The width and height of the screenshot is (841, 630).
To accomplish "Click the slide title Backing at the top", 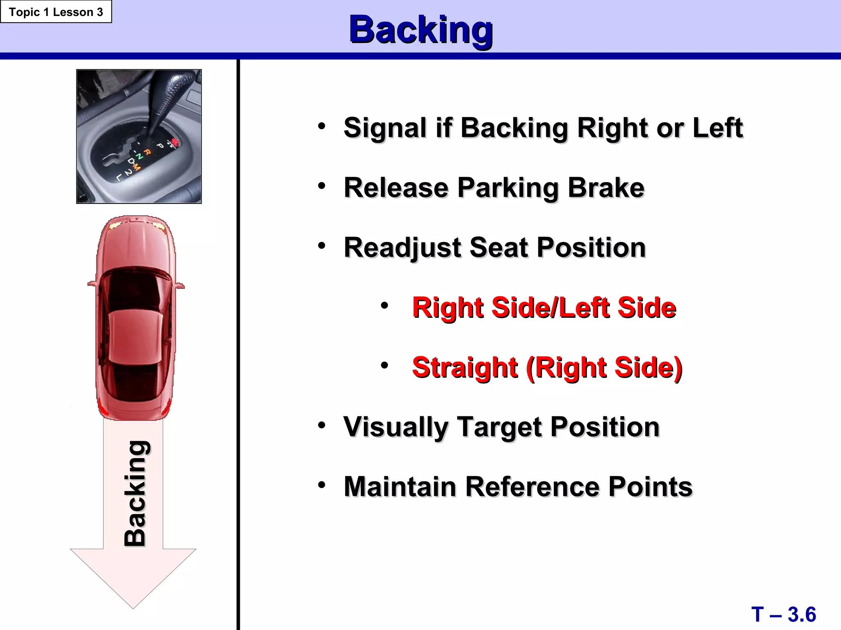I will tap(420, 30).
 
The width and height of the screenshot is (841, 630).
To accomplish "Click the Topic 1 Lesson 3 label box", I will tap(56, 12).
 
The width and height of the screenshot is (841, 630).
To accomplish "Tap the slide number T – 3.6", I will tap(784, 614).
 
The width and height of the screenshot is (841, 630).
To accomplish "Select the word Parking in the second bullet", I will tap(508, 188).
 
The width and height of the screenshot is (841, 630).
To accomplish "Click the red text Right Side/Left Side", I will tap(544, 308).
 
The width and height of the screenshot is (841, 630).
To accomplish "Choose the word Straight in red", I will tap(464, 367).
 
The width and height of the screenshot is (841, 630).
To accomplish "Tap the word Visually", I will tap(395, 427).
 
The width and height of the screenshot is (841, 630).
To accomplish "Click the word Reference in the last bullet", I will tap(531, 487).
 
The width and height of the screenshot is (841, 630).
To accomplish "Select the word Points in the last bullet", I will tap(650, 487).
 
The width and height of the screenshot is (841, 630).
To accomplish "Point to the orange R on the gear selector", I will tap(147, 152).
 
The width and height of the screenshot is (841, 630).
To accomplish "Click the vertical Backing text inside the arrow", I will tap(135, 493).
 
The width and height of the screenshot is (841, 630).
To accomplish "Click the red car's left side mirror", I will tap(92, 283).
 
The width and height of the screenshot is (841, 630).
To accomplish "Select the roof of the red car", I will tap(135, 336).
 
